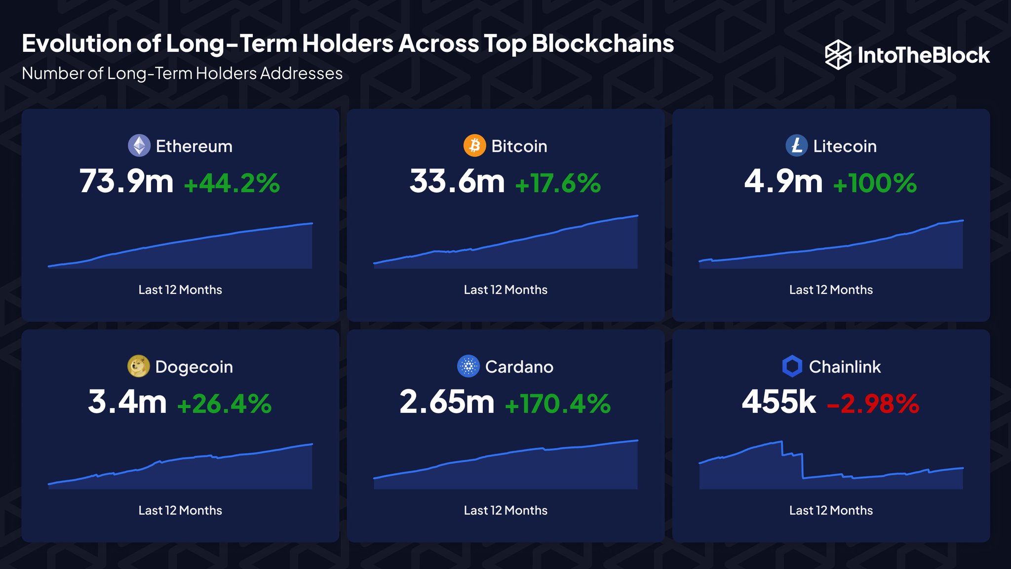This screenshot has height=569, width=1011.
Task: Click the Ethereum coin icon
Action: tap(139, 146)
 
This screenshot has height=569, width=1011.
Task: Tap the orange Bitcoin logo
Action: tap(474, 146)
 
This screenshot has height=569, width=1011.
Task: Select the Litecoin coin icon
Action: tap(796, 146)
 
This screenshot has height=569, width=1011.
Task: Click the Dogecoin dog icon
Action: tap(138, 366)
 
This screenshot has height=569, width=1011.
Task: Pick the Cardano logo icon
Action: tap(468, 366)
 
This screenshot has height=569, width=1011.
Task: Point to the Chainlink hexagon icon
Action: tap(792, 366)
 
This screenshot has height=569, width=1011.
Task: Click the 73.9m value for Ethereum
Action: tap(126, 182)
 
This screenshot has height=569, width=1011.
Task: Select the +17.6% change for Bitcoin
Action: tap(558, 184)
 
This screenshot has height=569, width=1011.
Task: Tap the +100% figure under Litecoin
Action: tap(875, 184)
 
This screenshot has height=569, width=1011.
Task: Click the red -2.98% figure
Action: tap(873, 404)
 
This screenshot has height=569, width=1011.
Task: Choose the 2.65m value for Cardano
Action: tap(447, 402)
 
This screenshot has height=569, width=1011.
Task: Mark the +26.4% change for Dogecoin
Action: tap(224, 404)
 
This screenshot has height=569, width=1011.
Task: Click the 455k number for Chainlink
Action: tap(778, 402)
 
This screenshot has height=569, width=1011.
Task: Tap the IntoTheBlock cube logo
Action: tap(838, 55)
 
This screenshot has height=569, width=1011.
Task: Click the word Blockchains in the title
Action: tap(603, 43)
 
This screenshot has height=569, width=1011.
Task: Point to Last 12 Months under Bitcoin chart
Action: tap(505, 290)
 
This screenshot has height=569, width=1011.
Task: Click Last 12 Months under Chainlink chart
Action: tap(831, 511)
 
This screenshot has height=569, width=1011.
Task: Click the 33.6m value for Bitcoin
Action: tap(457, 182)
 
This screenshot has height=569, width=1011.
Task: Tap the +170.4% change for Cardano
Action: tap(558, 404)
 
